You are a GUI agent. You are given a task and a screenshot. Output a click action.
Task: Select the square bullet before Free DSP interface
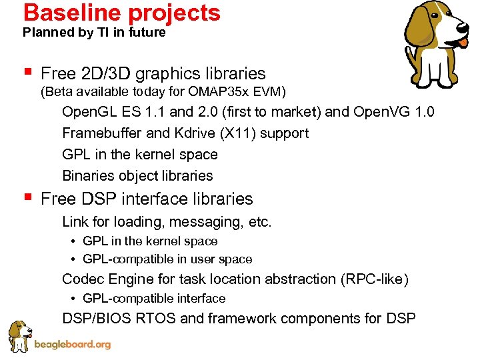[26, 198]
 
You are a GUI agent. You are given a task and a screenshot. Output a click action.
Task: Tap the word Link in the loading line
[73, 221]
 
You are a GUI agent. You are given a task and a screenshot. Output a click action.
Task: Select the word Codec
[81, 279]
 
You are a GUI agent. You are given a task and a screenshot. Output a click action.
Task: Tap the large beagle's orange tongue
[463, 42]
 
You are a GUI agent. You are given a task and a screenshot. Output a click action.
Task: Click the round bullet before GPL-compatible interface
[74, 299]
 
